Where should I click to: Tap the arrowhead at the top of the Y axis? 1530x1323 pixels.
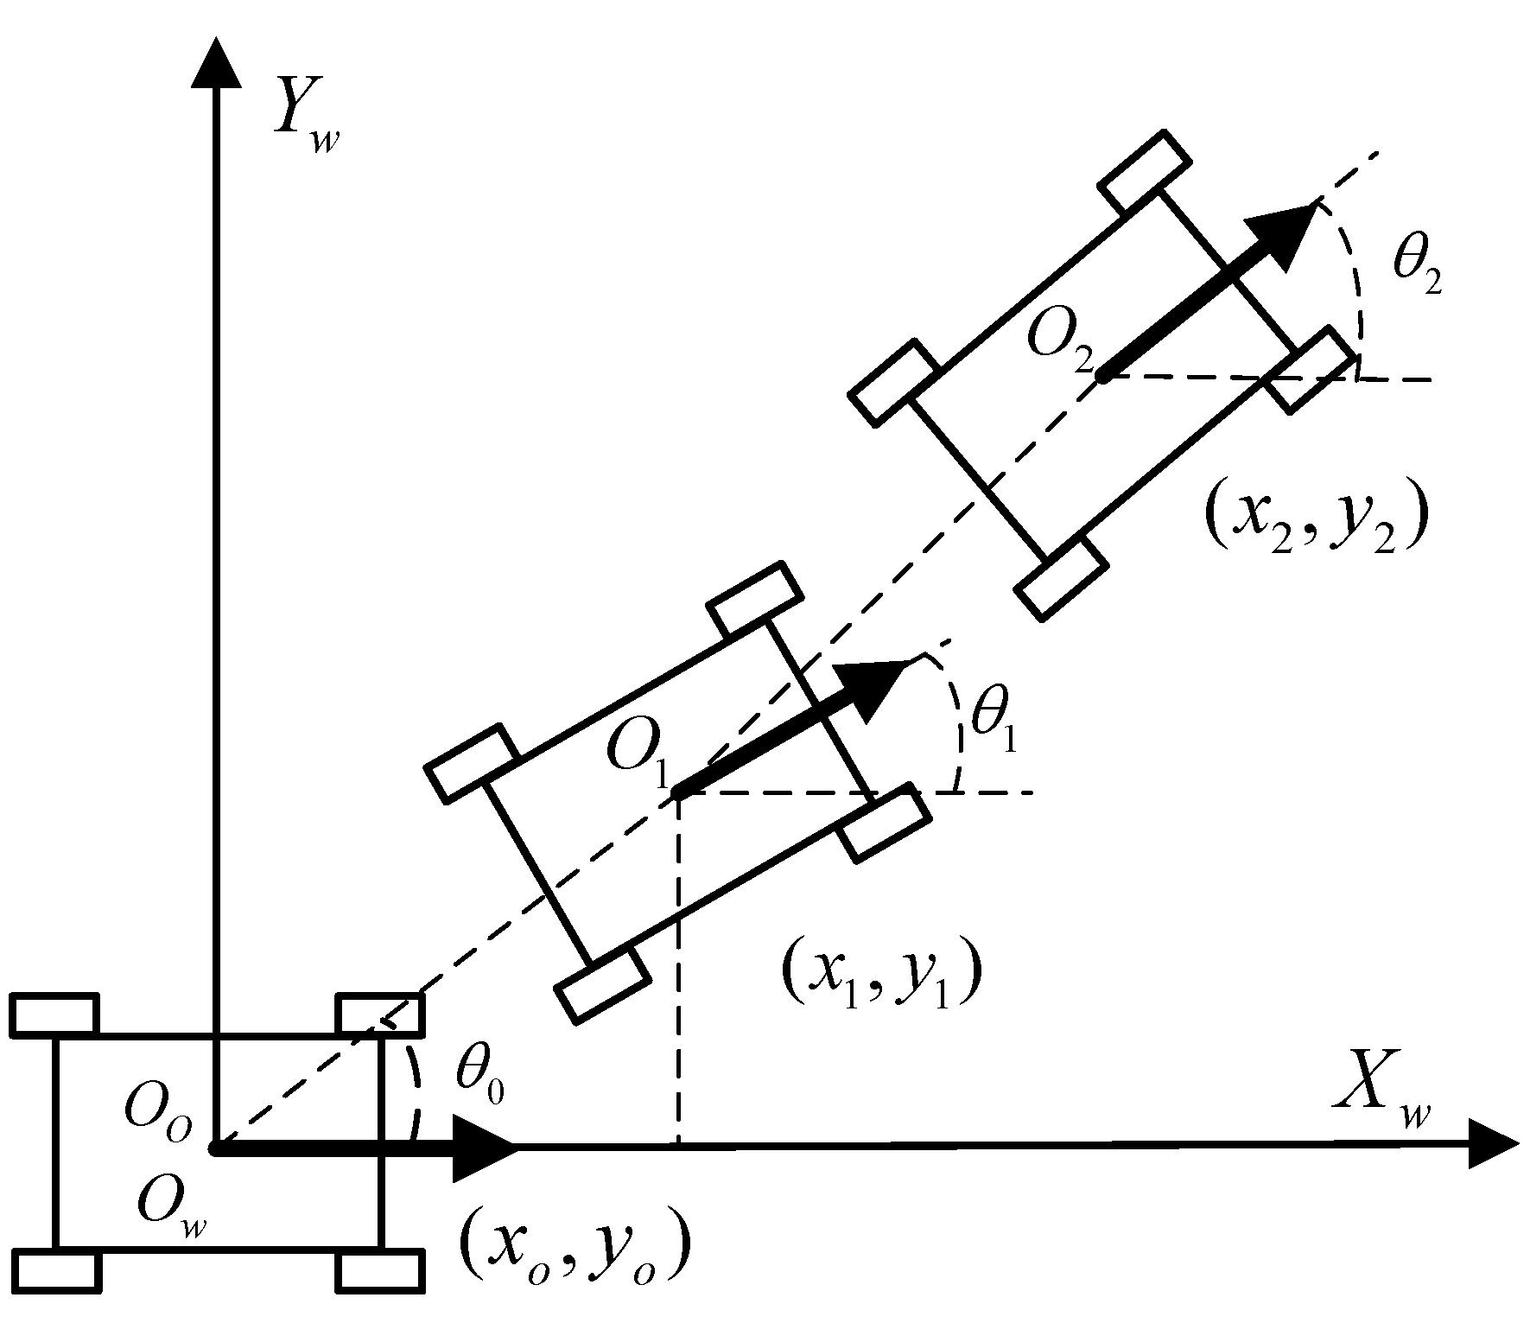click(x=215, y=65)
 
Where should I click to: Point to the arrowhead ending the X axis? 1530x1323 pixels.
click(x=1490, y=1146)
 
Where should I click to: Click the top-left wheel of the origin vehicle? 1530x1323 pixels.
click(x=54, y=1015)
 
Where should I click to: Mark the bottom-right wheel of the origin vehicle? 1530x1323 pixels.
click(x=380, y=1270)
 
